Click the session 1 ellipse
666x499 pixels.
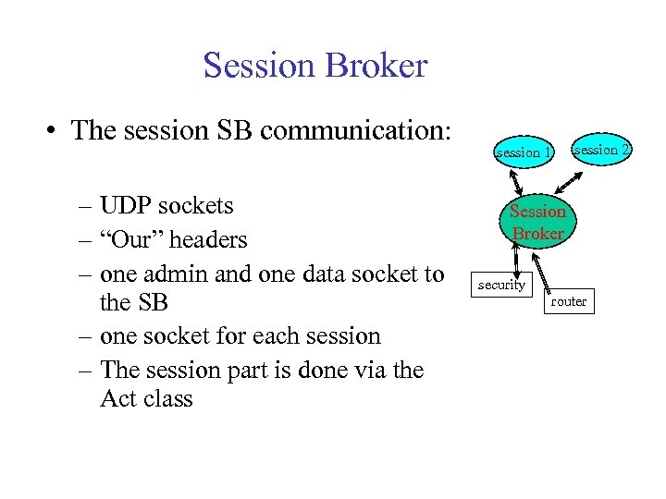(524, 152)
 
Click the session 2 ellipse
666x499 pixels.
(602, 149)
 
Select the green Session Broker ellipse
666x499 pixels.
(537, 222)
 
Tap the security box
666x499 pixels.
(501, 285)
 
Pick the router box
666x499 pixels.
(568, 301)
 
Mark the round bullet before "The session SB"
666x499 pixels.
(57, 130)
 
